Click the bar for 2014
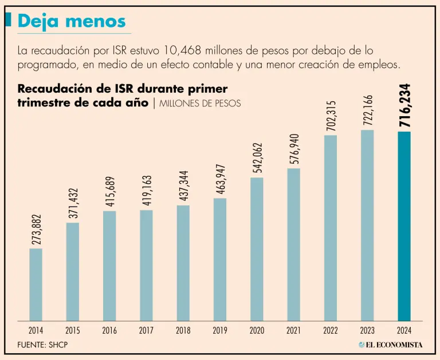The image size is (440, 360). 36,284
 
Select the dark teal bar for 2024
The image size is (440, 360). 404,226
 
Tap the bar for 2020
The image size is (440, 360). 257,249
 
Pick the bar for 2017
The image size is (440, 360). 146,265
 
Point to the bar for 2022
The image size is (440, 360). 331,228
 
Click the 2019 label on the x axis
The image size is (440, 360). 220,330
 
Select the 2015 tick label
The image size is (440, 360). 73,330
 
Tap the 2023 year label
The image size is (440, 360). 367,330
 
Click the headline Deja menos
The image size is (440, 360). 72,21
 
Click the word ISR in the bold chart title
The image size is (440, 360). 120,90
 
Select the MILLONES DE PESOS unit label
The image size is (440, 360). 200,104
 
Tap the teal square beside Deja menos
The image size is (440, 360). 8,20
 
